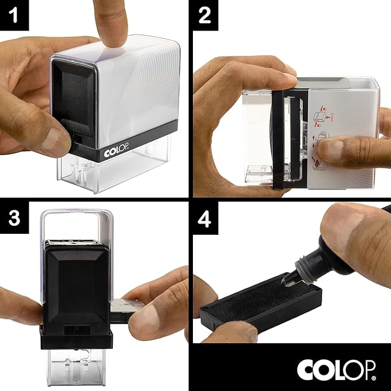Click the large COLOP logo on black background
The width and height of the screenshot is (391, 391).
click(x=337, y=369)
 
